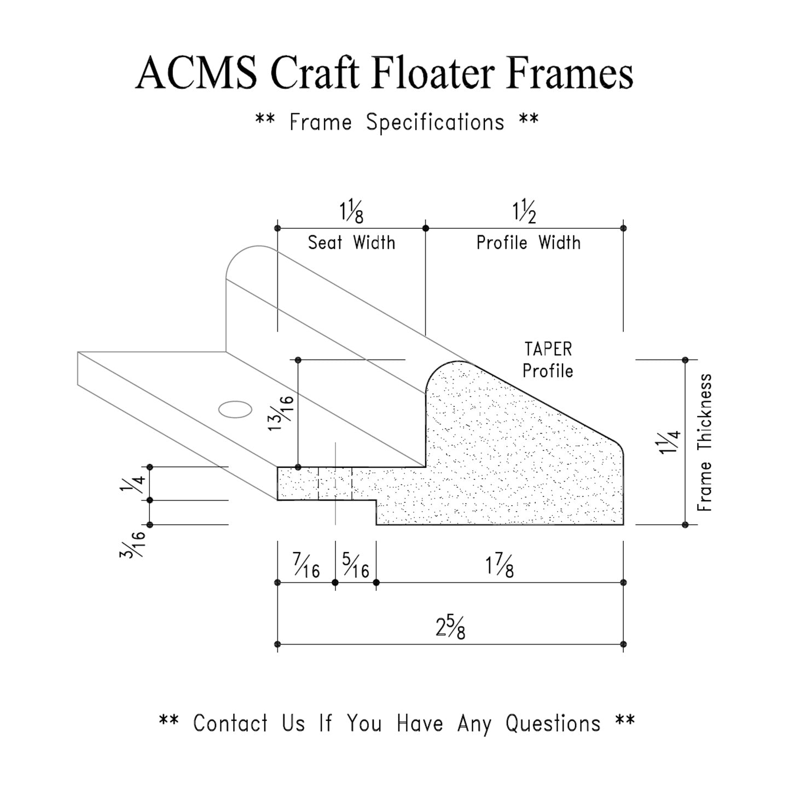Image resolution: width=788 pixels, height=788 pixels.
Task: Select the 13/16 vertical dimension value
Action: tap(281, 413)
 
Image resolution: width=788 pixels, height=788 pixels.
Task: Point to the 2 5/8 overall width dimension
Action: tap(450, 628)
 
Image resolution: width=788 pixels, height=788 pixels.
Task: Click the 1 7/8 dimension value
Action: tap(499, 567)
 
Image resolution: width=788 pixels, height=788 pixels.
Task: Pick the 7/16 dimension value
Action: tap(306, 565)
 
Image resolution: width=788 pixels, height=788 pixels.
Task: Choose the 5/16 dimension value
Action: tap(355, 565)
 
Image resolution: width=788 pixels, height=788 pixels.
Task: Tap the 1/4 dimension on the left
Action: tap(131, 483)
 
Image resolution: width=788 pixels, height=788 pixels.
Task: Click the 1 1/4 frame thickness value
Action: tap(669, 442)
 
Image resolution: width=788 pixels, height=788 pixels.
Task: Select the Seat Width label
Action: tap(351, 242)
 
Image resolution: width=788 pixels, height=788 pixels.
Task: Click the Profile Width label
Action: tap(528, 242)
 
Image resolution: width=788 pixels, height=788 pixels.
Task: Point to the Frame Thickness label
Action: tap(705, 442)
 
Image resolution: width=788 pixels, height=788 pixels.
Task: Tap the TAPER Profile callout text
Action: tap(548, 360)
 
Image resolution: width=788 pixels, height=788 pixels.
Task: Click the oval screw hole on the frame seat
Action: tap(235, 409)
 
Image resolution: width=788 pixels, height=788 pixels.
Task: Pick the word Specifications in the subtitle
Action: tap(435, 122)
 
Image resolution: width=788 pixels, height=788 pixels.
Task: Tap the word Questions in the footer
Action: tap(553, 723)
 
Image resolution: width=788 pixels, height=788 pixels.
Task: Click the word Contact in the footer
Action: tap(230, 723)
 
